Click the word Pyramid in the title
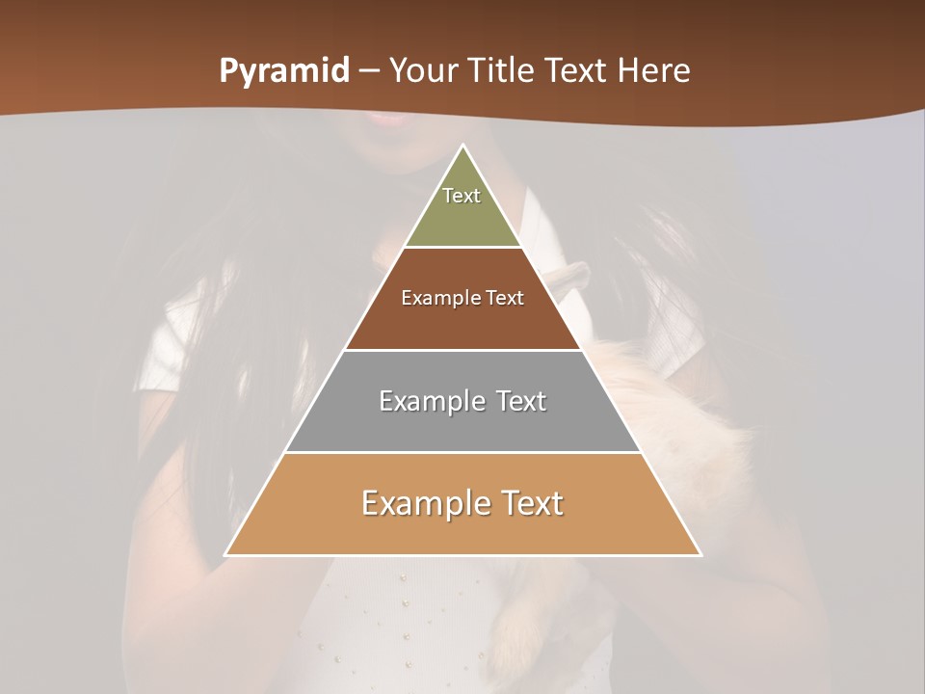[284, 71]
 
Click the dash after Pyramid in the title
[368, 71]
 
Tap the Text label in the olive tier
[462, 196]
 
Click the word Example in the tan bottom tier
[425, 503]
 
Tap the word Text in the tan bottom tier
[531, 503]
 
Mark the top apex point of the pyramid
[463, 146]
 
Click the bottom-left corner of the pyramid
[226, 555]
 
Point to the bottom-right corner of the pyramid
[700, 555]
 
